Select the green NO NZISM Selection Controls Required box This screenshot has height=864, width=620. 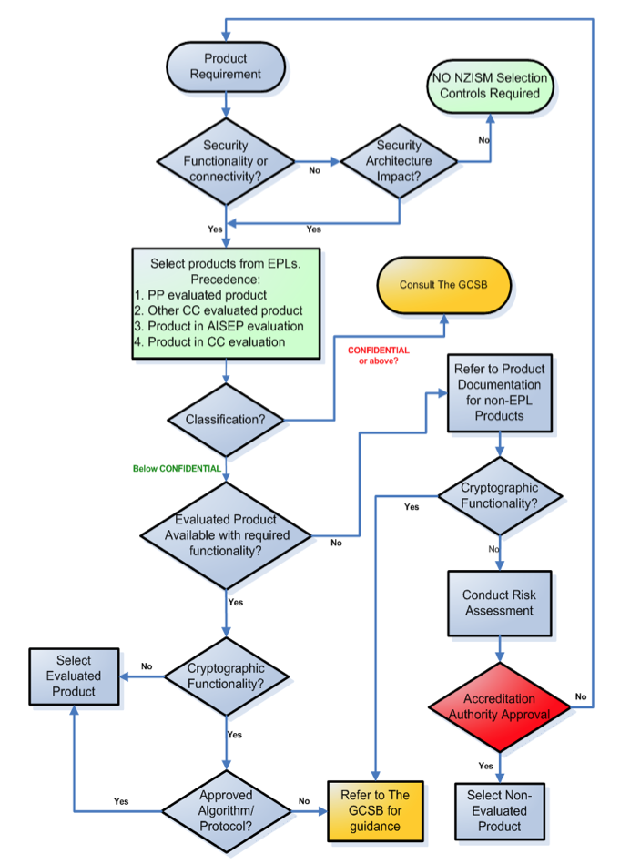[x=491, y=86]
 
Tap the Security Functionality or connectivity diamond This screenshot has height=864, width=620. [x=225, y=161]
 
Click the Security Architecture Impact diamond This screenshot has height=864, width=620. [x=399, y=161]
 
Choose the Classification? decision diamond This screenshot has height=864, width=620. [x=225, y=420]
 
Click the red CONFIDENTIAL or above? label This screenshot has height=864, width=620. [x=378, y=355]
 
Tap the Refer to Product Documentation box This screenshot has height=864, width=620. [x=498, y=392]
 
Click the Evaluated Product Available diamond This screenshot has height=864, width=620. [x=225, y=534]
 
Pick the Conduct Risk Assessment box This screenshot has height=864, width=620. [x=499, y=603]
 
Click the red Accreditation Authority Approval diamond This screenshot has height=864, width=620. [x=499, y=706]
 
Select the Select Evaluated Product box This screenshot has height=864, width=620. [x=74, y=676]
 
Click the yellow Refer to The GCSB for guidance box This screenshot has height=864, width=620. [x=375, y=810]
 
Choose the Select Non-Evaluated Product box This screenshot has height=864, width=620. [x=499, y=810]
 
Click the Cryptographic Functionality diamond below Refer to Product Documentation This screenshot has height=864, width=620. [x=499, y=494]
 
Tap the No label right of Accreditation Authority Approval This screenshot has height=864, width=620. [x=581, y=696]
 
